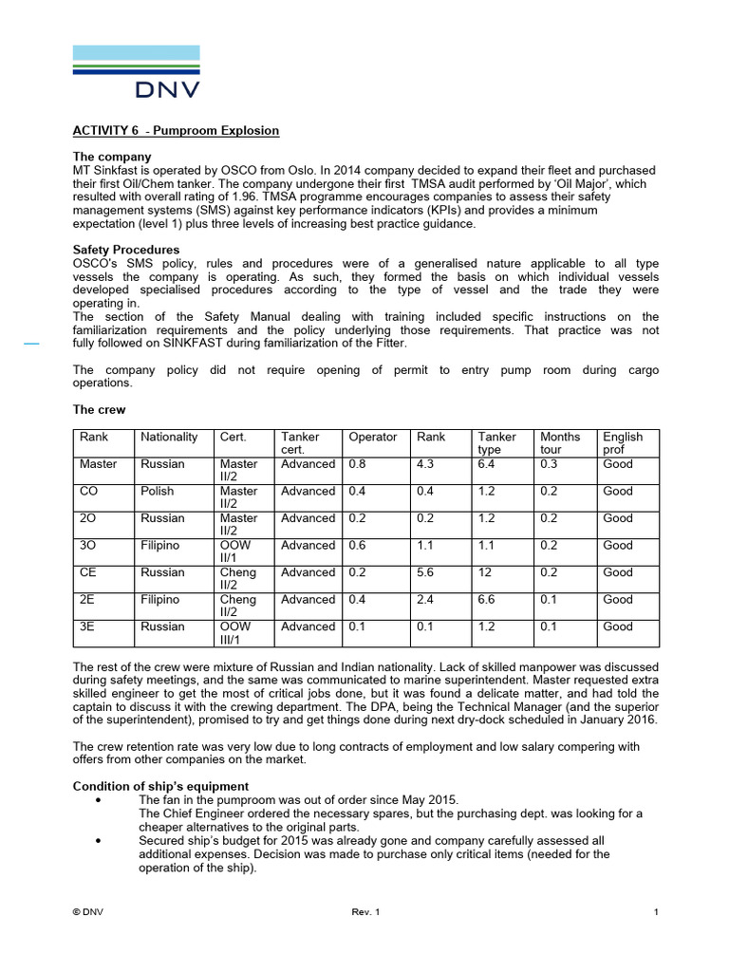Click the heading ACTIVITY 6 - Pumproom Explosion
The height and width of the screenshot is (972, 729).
point(176,130)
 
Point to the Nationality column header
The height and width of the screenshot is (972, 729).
point(169,437)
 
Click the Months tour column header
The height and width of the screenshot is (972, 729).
point(560,442)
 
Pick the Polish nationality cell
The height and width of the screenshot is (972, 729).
point(159,491)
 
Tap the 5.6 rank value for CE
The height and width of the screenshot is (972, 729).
point(426,572)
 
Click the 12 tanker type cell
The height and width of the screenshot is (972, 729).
point(485,572)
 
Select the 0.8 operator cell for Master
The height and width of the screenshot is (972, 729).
point(358,464)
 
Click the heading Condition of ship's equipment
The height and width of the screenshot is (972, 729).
point(160,786)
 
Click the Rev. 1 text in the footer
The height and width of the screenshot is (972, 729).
point(365,912)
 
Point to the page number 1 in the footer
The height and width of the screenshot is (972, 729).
point(656,912)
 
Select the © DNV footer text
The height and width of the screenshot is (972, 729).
point(88,912)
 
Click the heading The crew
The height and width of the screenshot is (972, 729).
point(99,410)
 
